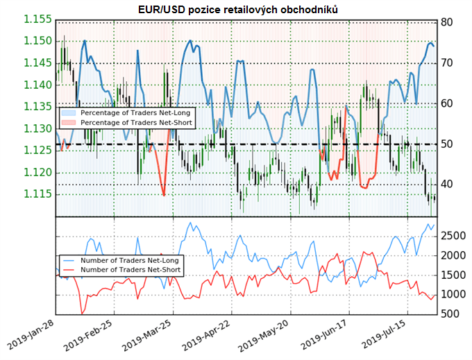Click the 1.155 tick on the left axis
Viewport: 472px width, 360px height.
(x=37, y=19)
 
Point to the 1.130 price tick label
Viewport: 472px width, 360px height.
(x=37, y=128)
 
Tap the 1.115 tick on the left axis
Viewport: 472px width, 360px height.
(x=37, y=194)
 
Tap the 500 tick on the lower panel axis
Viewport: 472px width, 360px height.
(x=447, y=314)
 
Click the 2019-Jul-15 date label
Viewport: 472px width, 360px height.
(x=394, y=338)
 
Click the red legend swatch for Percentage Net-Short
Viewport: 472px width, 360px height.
(x=69, y=122)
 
